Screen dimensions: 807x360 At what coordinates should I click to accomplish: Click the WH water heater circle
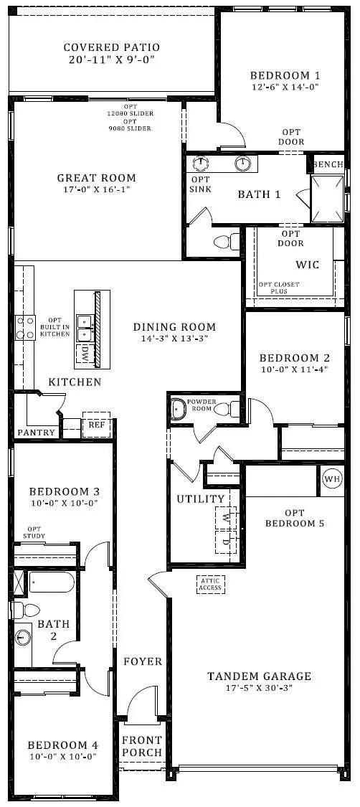(x=332, y=479)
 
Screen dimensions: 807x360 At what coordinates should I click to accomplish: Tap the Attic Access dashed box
(x=210, y=585)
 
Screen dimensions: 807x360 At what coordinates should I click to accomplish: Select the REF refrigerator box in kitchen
(x=95, y=425)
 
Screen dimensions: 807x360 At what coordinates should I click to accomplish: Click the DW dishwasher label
(x=85, y=351)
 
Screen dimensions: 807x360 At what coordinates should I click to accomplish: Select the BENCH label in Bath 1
(x=328, y=164)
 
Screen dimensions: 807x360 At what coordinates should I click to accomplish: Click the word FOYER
(x=143, y=661)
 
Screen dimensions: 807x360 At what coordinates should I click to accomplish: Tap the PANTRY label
(x=36, y=433)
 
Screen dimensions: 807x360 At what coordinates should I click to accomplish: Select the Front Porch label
(x=142, y=746)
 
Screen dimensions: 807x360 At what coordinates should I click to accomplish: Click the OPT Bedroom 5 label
(x=294, y=517)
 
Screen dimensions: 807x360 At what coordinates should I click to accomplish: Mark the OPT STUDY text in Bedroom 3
(x=36, y=532)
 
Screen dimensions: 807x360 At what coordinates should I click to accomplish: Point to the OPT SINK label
(x=200, y=184)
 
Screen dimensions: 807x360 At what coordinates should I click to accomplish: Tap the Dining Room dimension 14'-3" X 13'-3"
(x=174, y=339)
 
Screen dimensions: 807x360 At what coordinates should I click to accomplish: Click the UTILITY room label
(x=201, y=499)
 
